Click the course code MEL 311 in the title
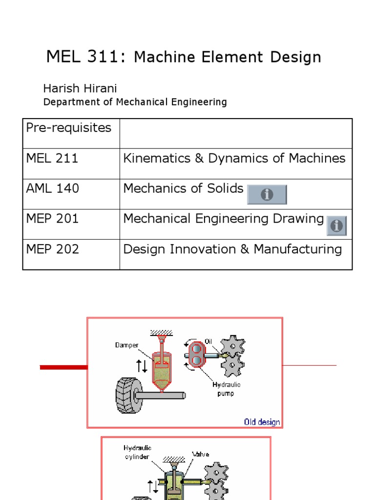[82, 57]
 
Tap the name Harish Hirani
[80, 88]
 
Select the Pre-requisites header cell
[69, 128]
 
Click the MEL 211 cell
[52, 158]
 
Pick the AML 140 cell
[53, 188]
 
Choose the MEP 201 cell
[53, 219]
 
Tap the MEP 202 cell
[53, 249]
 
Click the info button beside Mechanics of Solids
[267, 194]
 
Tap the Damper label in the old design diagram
[126, 345]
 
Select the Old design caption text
[262, 422]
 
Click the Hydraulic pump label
[226, 389]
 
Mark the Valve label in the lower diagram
[201, 454]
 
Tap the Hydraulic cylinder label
[138, 452]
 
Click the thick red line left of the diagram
[63, 367]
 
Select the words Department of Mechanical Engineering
[135, 102]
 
